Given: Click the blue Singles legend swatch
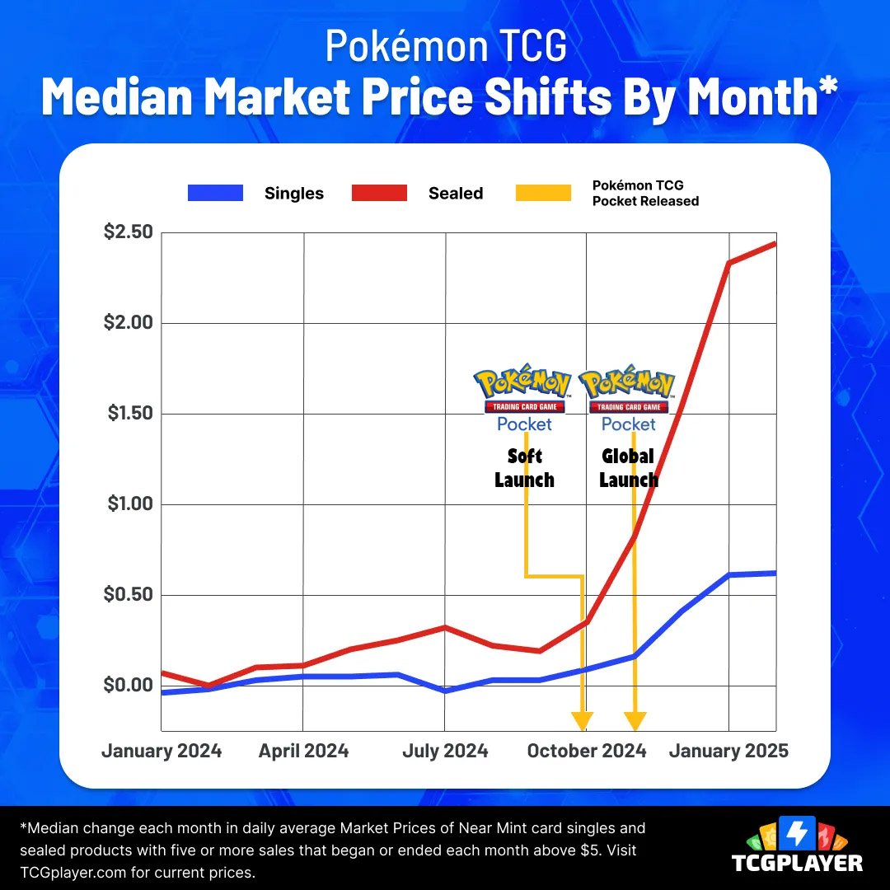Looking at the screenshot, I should click(215, 194).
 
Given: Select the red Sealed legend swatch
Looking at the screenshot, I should click(379, 194).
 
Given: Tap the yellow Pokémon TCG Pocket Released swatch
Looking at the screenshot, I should click(542, 194).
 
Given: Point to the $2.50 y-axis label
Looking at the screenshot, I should click(129, 232).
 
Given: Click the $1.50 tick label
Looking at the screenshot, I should click(130, 414).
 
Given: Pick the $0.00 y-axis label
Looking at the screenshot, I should click(129, 686).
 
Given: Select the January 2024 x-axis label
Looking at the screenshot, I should click(162, 751).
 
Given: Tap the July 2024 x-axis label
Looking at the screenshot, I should click(445, 751).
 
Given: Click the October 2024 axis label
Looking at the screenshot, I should click(587, 751).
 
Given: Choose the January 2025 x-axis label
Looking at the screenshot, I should click(728, 751).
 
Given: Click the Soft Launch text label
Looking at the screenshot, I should click(524, 468).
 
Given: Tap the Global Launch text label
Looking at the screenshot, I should click(629, 468).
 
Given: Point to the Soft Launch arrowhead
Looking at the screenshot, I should click(583, 720).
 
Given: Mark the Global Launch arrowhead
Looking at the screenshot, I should click(634, 720).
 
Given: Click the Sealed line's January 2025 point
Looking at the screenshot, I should click(728, 263).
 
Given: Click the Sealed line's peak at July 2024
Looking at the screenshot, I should click(445, 627).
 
